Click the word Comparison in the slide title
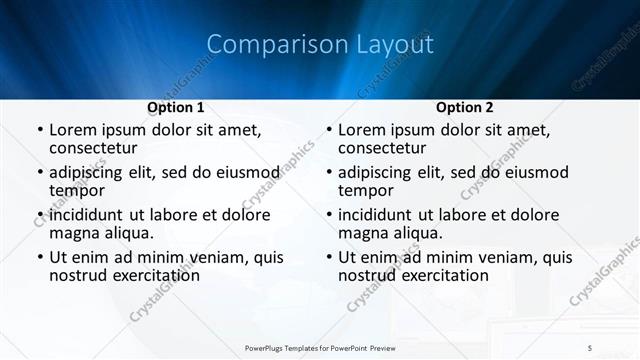265,44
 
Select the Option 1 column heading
176,107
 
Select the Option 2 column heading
465,107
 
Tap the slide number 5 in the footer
590,347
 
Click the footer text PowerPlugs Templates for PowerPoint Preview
320,347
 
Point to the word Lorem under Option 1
73,130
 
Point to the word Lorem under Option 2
362,130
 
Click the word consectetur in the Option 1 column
95,148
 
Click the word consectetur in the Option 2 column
384,148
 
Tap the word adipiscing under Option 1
91,173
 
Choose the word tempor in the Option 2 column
366,190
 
